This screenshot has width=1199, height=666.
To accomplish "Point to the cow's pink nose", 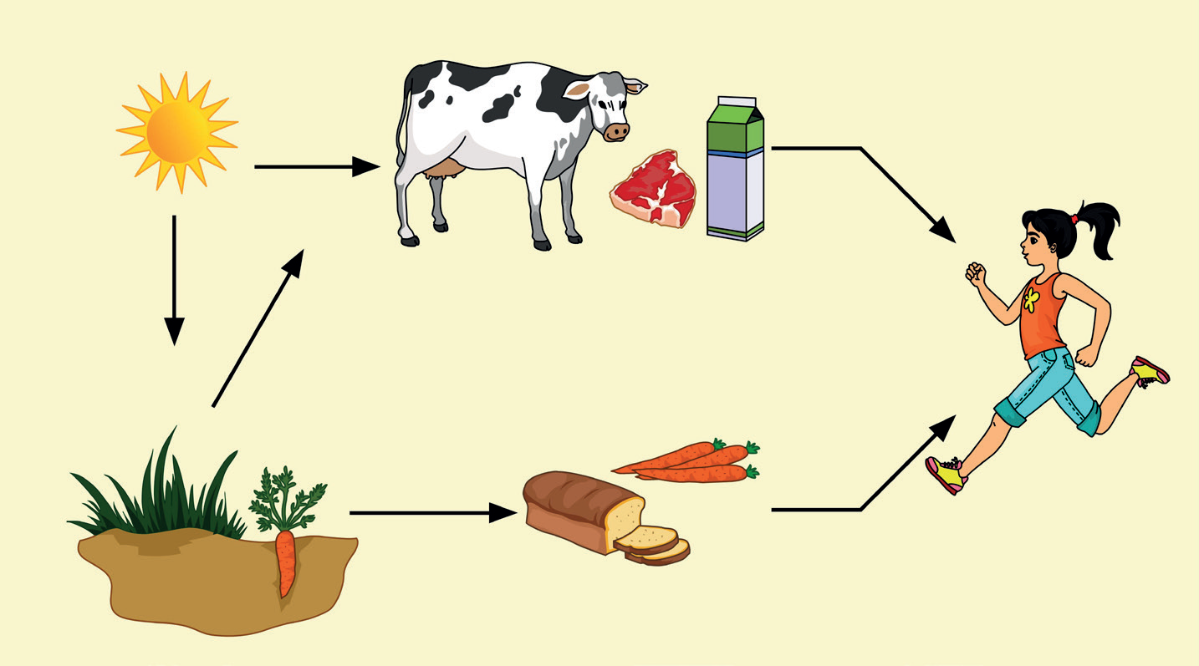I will (616, 131).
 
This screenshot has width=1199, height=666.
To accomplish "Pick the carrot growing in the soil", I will (286, 564).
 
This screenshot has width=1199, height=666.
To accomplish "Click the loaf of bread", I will (585, 510).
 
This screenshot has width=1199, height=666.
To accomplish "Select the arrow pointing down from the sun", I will (174, 280).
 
